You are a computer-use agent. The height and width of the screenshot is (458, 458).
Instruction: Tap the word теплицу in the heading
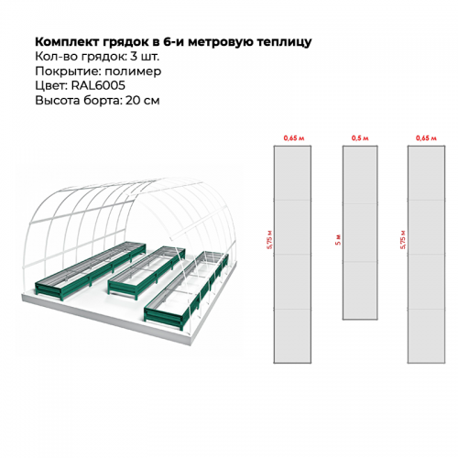click(284, 42)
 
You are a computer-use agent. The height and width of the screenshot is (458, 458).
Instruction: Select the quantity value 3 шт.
click(145, 57)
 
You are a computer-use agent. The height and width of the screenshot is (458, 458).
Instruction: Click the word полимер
click(133, 71)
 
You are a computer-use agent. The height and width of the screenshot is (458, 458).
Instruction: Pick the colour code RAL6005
click(98, 85)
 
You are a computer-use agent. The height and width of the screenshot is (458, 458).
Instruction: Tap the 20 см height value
click(143, 100)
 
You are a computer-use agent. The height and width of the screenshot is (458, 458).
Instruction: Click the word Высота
click(58, 100)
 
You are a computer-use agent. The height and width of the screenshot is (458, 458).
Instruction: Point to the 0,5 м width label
click(360, 138)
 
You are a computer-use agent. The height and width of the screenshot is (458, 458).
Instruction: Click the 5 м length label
click(338, 240)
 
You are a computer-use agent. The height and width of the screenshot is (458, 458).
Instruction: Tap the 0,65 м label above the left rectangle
click(294, 138)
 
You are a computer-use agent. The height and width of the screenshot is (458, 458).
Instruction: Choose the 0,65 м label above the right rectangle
click(426, 138)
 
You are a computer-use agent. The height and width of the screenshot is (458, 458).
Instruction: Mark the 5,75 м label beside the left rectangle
click(269, 240)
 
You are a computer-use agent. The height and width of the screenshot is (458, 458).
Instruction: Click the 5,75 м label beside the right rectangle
click(403, 240)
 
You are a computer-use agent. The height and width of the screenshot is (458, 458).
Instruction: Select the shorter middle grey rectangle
click(360, 233)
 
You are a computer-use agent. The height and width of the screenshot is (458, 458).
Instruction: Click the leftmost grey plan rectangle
click(292, 255)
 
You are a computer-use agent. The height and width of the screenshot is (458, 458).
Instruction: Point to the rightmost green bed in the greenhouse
click(186, 287)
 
